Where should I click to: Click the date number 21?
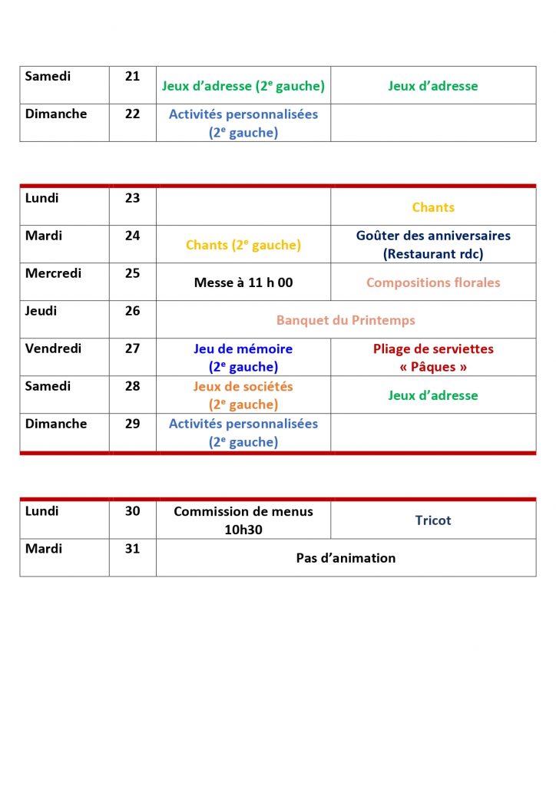click(x=132, y=77)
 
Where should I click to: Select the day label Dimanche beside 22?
click(x=56, y=114)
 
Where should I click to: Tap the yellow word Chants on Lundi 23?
click(x=433, y=207)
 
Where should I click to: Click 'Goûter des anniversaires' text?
click(x=433, y=236)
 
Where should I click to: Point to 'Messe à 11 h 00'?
click(x=243, y=282)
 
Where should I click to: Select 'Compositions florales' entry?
click(x=433, y=282)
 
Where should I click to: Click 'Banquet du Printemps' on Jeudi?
click(x=346, y=320)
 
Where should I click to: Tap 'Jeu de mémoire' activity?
click(x=243, y=348)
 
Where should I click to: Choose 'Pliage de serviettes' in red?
click(x=433, y=348)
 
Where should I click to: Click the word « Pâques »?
click(x=433, y=367)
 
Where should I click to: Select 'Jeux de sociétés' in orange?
click(x=243, y=386)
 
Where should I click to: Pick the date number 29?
click(x=132, y=424)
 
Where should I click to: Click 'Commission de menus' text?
click(x=243, y=511)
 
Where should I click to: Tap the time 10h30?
click(x=243, y=530)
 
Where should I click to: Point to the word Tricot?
click(x=433, y=520)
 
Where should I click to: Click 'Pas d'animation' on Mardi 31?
click(x=346, y=558)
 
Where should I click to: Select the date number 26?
click(x=132, y=311)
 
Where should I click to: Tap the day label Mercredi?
click(x=54, y=273)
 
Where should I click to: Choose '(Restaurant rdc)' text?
click(x=433, y=254)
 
